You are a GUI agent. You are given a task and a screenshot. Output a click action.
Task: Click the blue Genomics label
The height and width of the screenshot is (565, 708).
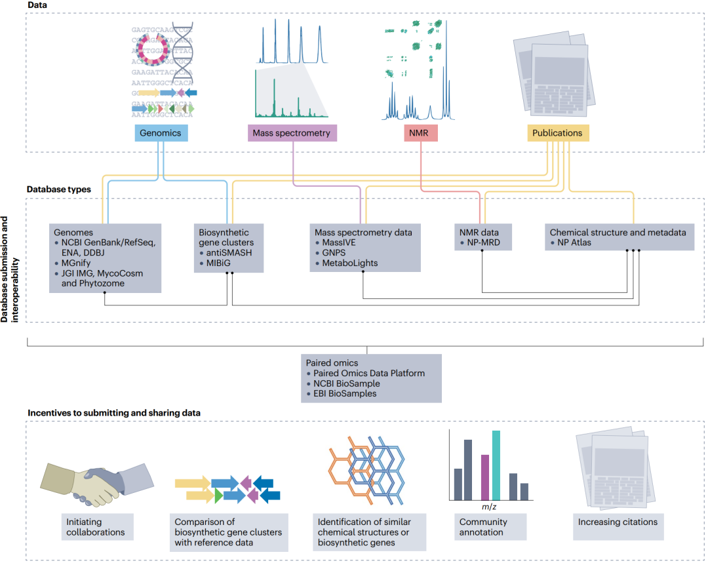point(161,133)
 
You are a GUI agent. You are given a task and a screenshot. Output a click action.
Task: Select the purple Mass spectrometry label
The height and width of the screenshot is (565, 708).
point(292,133)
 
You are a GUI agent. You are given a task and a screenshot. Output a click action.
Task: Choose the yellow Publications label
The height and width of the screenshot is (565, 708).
point(558,133)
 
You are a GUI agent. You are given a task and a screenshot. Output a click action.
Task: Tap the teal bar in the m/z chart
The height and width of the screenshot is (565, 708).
point(496,465)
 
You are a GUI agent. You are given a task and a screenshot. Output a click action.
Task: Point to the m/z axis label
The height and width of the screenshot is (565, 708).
point(489,507)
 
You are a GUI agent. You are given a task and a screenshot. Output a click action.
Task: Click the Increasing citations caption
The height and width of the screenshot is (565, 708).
point(618,522)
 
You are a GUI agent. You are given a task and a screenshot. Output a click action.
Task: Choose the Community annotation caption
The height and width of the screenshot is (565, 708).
point(483,527)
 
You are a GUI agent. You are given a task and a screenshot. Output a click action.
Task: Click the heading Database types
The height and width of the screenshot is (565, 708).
point(59,189)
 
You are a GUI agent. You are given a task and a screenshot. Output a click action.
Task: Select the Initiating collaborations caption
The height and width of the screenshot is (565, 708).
point(95,527)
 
